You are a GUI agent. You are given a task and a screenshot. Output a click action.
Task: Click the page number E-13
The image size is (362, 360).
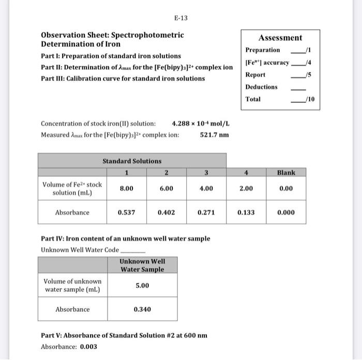180,18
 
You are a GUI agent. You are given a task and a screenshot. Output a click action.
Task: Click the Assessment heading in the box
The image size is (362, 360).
280,38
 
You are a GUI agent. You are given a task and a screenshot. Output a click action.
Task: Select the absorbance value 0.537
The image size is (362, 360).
127,212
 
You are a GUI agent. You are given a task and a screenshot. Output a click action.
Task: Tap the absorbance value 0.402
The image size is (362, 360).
166,212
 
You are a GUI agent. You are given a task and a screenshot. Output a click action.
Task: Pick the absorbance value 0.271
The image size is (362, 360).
206,212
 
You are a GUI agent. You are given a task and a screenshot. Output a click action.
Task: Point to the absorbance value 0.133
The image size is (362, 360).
246,212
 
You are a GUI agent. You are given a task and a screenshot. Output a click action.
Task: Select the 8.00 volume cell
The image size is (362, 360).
127,189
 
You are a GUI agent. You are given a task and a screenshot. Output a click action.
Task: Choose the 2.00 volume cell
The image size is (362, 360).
246,189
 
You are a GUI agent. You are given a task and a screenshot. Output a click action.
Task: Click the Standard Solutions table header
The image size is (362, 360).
132,161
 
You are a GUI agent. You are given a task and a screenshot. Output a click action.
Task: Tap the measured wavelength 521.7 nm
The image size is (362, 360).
214,135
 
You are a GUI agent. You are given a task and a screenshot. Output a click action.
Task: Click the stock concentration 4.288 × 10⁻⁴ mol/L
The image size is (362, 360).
200,124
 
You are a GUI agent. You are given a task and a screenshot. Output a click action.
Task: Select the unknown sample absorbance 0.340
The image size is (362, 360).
142,309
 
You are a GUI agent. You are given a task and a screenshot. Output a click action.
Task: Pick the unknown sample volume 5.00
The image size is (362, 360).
142,286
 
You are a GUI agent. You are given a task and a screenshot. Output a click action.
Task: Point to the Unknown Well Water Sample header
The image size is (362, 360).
142,265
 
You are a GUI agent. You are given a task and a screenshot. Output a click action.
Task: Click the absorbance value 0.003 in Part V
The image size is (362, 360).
88,347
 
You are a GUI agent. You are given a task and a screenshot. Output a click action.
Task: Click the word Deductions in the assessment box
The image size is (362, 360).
261,87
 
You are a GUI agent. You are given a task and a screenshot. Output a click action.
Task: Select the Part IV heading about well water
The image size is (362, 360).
125,238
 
